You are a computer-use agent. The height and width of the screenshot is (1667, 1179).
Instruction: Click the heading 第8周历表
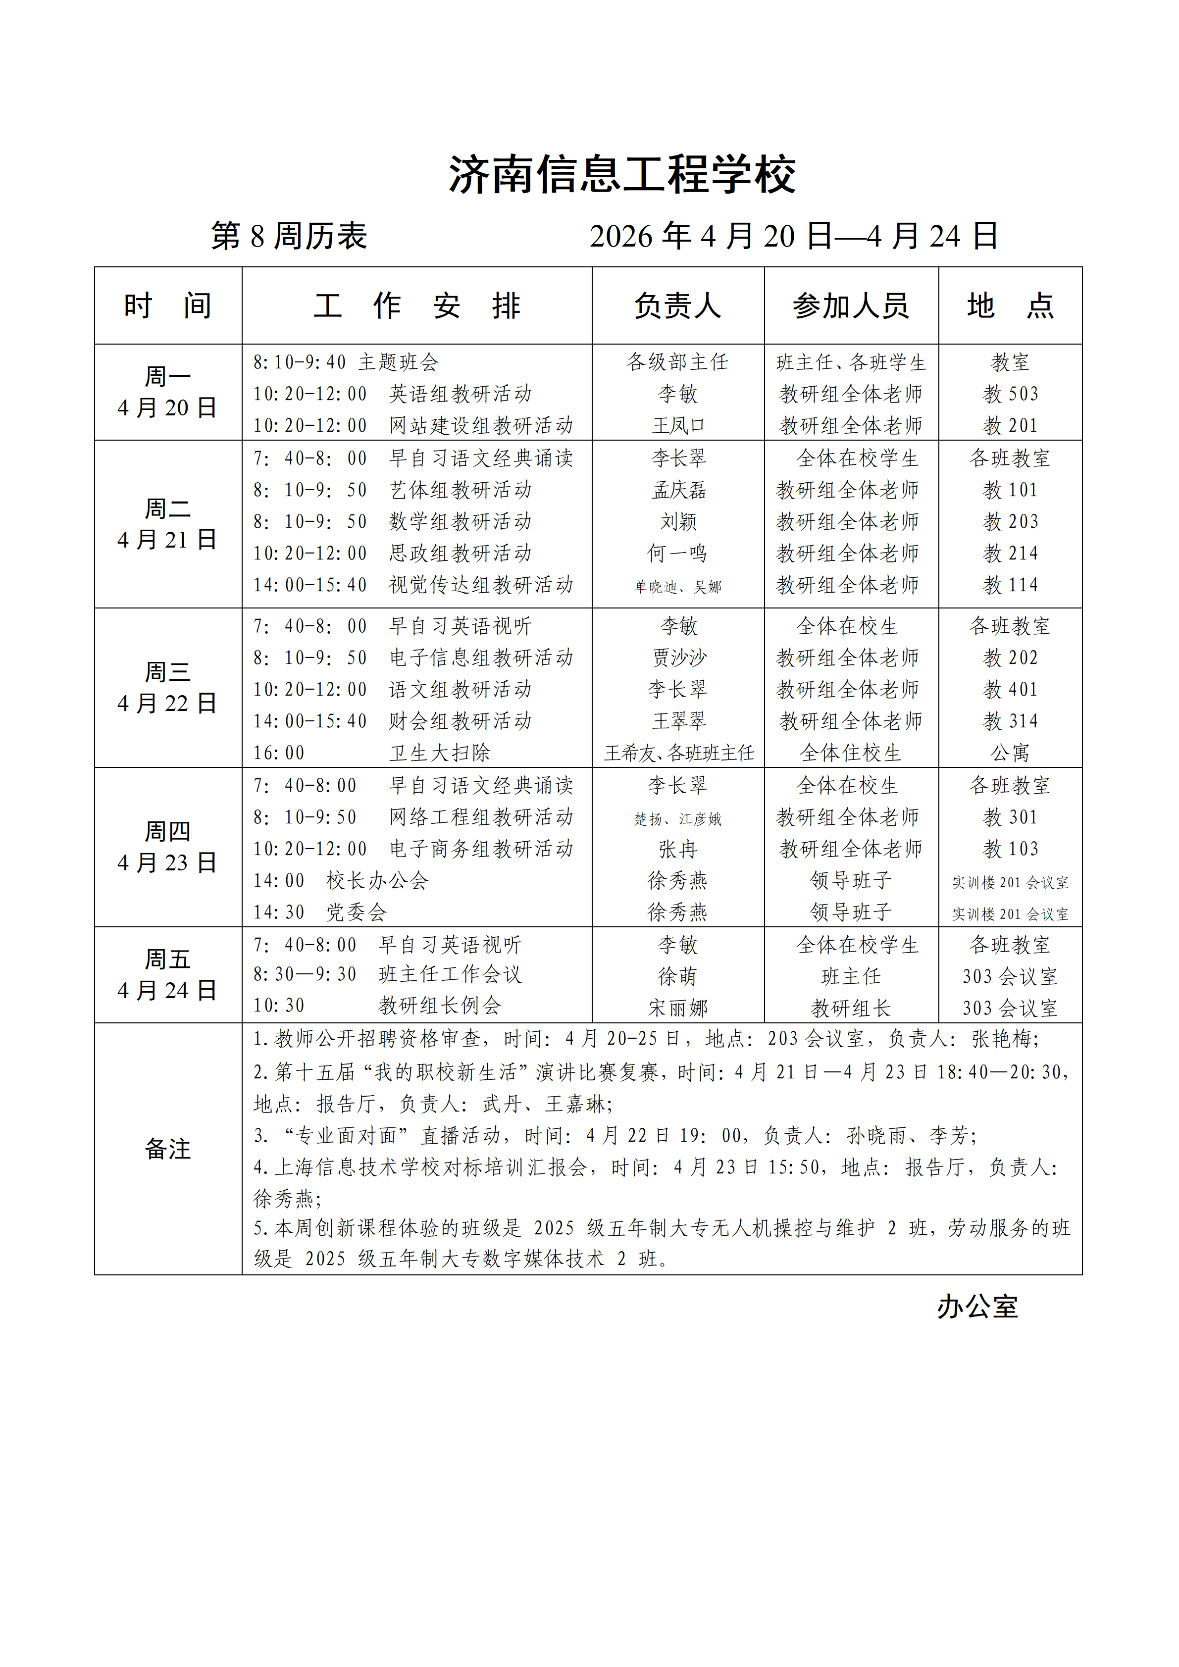pyautogui.click(x=289, y=236)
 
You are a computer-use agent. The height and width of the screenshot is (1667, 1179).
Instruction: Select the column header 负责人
pyautogui.click(x=677, y=305)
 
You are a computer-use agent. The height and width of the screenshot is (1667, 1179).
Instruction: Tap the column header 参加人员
pyautogui.click(x=851, y=305)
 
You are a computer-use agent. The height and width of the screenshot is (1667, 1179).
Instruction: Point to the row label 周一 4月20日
pyautogui.click(x=168, y=392)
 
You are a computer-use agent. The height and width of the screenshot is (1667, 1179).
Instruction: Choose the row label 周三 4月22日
pyautogui.click(x=168, y=688)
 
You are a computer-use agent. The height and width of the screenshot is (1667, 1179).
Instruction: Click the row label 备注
pyautogui.click(x=168, y=1149)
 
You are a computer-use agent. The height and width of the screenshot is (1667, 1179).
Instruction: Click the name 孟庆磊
pyautogui.click(x=678, y=490)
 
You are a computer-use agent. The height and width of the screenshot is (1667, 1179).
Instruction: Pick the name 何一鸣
pyautogui.click(x=677, y=553)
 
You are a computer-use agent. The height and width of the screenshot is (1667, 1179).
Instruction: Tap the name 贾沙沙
pyautogui.click(x=678, y=658)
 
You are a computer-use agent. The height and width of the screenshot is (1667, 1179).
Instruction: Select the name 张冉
pyautogui.click(x=677, y=849)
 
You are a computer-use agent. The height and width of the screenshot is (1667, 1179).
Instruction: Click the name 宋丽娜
pyautogui.click(x=677, y=1008)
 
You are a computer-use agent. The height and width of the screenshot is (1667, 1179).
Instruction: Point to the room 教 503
pyautogui.click(x=1010, y=394)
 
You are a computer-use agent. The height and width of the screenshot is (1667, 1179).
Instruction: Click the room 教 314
pyautogui.click(x=1010, y=721)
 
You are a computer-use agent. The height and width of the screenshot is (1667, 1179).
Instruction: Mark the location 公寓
pyautogui.click(x=1010, y=753)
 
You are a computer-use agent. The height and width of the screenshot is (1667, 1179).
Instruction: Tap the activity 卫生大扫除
pyautogui.click(x=439, y=753)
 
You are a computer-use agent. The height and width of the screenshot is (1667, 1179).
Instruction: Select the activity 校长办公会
pyautogui.click(x=377, y=881)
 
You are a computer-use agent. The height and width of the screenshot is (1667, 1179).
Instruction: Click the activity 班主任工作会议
pyautogui.click(x=450, y=974)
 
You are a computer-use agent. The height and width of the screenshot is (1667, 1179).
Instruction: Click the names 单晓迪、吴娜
pyautogui.click(x=677, y=587)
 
